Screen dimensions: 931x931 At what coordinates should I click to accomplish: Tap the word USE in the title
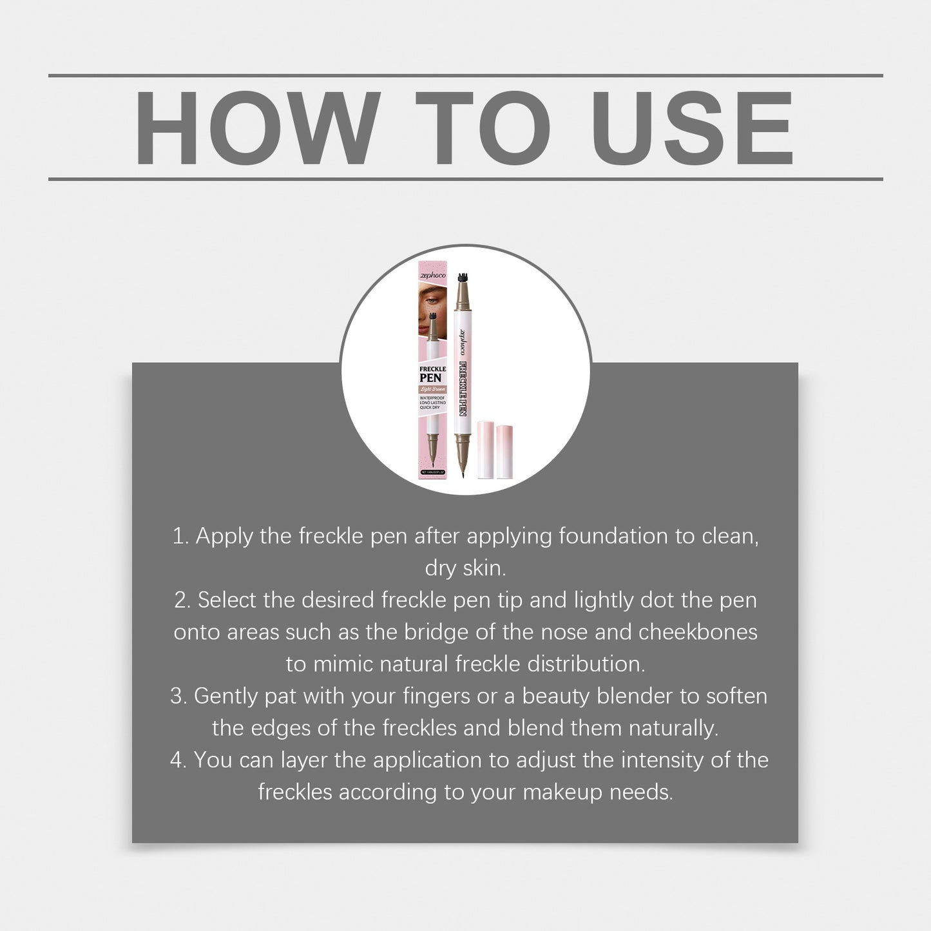point(692,128)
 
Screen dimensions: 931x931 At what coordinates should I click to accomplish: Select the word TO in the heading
point(483,128)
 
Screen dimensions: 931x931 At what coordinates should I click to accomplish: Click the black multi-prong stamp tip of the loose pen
point(461,279)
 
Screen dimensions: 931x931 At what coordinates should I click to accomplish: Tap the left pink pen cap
point(486,449)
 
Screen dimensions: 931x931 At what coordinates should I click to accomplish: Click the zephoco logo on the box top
point(432,275)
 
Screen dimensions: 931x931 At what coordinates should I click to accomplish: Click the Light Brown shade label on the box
point(432,389)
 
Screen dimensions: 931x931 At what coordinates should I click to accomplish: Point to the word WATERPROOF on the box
point(432,398)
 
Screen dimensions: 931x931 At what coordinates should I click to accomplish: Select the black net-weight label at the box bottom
point(432,472)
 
